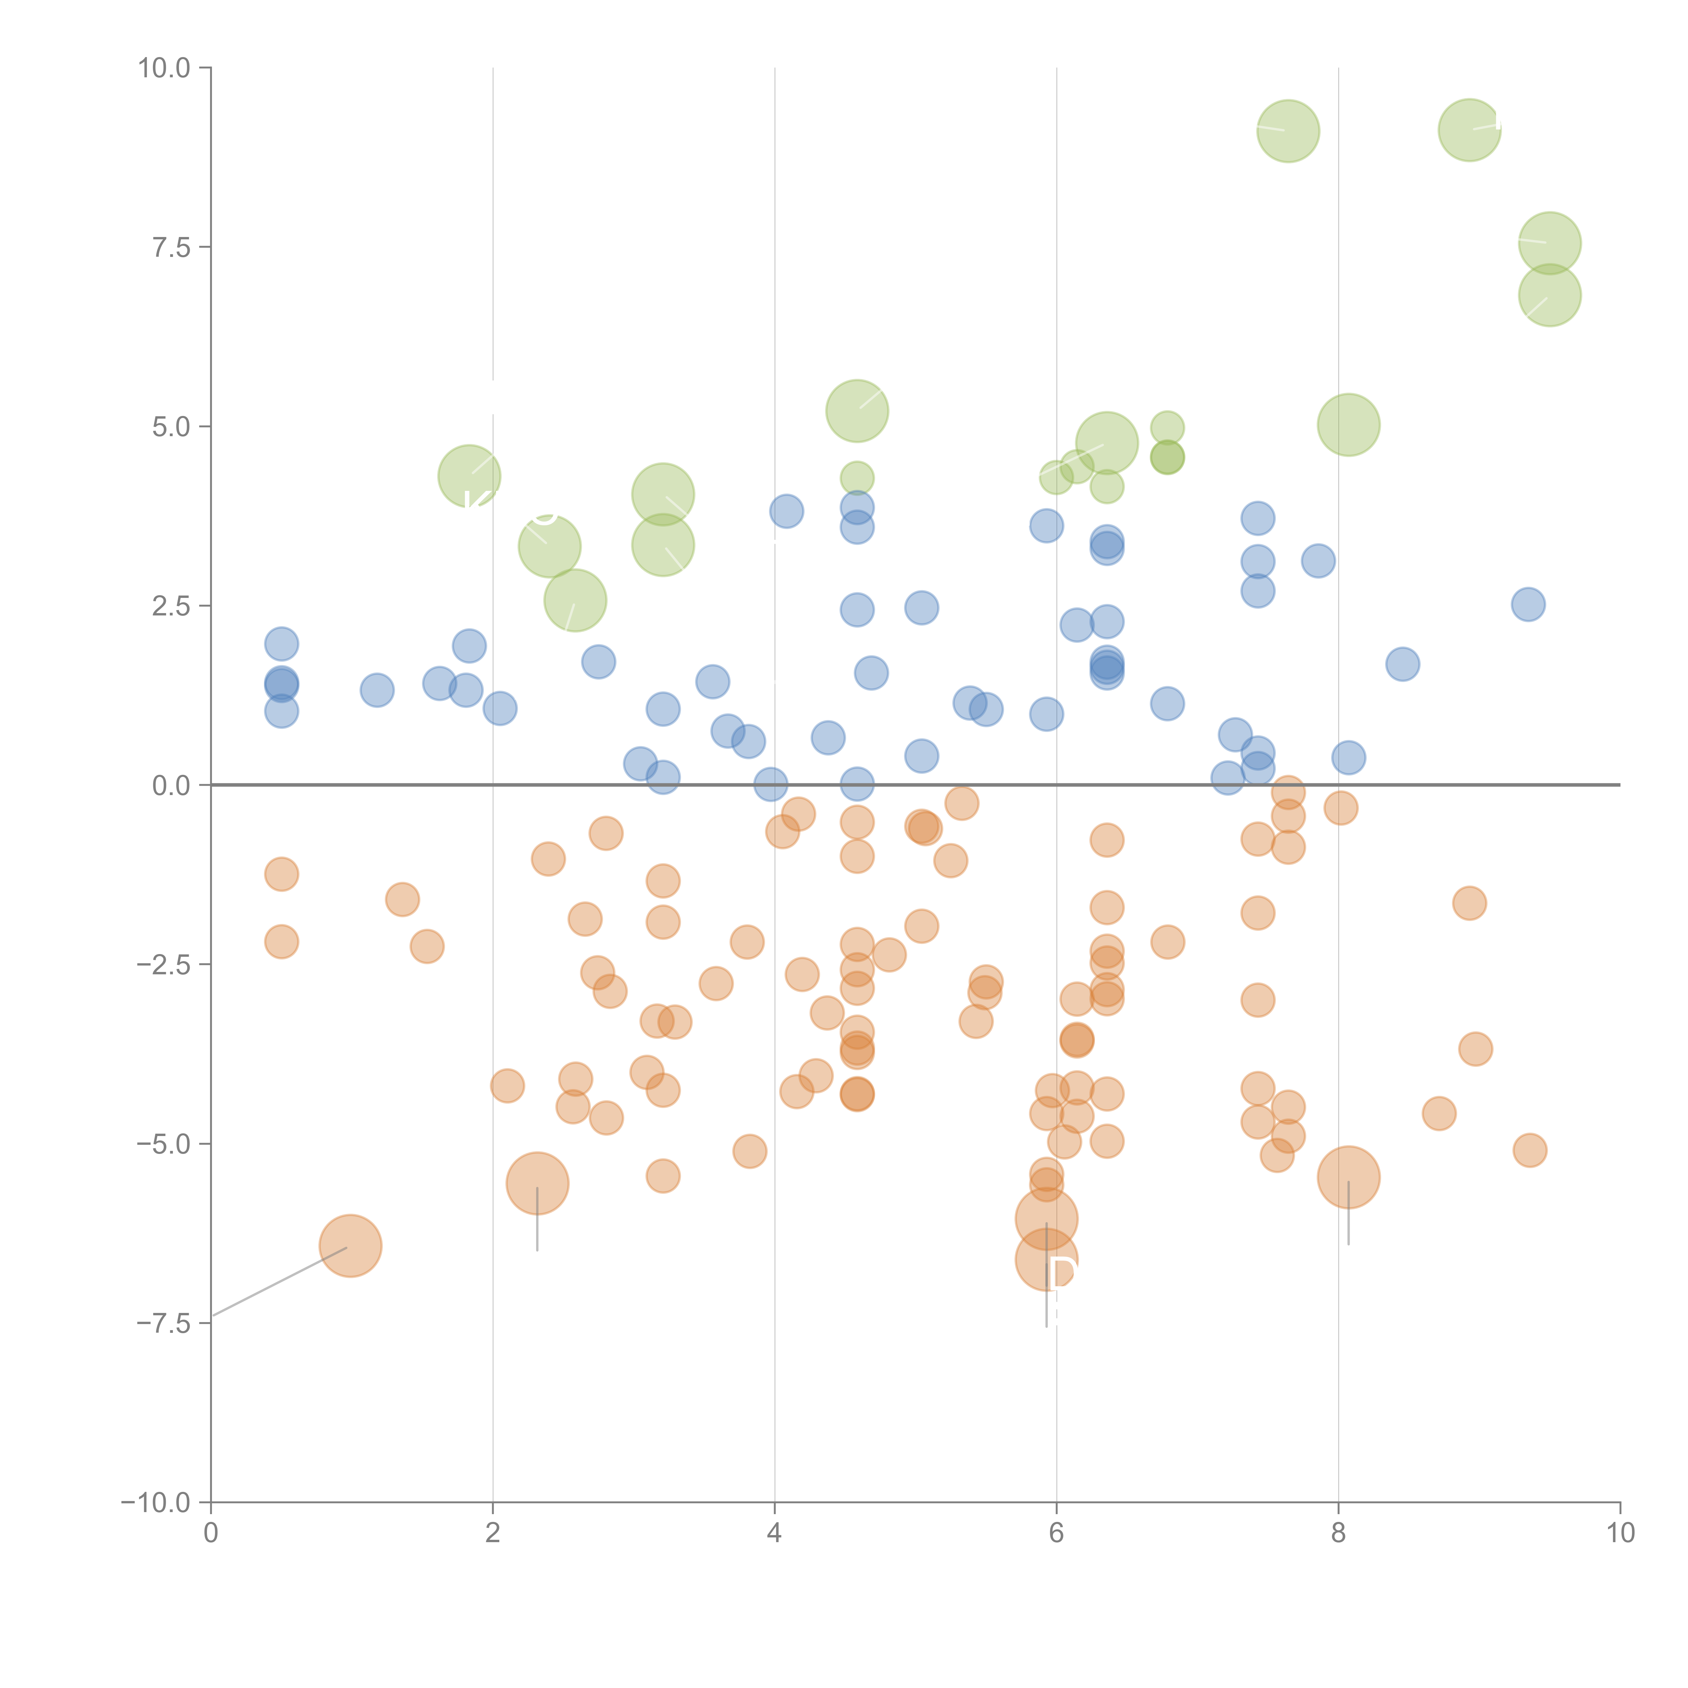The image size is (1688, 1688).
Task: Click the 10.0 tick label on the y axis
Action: click(x=164, y=68)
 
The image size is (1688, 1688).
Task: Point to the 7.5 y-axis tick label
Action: click(x=171, y=247)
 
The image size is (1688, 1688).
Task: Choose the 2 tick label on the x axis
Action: click(x=493, y=1533)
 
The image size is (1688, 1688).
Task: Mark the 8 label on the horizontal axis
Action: click(x=1339, y=1533)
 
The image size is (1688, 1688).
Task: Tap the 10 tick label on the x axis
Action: click(x=1620, y=1533)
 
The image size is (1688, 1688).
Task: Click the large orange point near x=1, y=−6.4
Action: click(x=350, y=1246)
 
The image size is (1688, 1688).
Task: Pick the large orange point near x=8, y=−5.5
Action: click(x=1348, y=1178)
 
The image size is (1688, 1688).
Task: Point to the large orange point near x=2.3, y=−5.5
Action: click(x=537, y=1184)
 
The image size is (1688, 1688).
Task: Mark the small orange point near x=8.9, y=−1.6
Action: click(x=1470, y=903)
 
